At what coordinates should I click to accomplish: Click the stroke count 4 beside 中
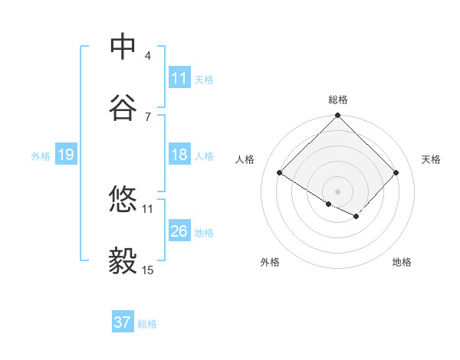(147, 56)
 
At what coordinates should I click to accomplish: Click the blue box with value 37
(123, 322)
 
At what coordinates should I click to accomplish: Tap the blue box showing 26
(179, 231)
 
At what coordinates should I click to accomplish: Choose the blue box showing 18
(179, 155)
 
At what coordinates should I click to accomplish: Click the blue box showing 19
(65, 155)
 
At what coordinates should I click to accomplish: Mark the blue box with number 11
(179, 78)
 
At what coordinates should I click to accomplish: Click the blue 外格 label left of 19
(41, 156)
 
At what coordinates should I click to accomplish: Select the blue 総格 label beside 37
(147, 323)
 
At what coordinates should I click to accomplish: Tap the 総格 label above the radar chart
(338, 100)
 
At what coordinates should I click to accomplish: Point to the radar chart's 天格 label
(432, 159)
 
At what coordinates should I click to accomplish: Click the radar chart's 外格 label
(270, 262)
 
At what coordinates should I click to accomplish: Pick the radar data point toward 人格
(280, 173)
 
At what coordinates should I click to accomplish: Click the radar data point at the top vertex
(338, 116)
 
